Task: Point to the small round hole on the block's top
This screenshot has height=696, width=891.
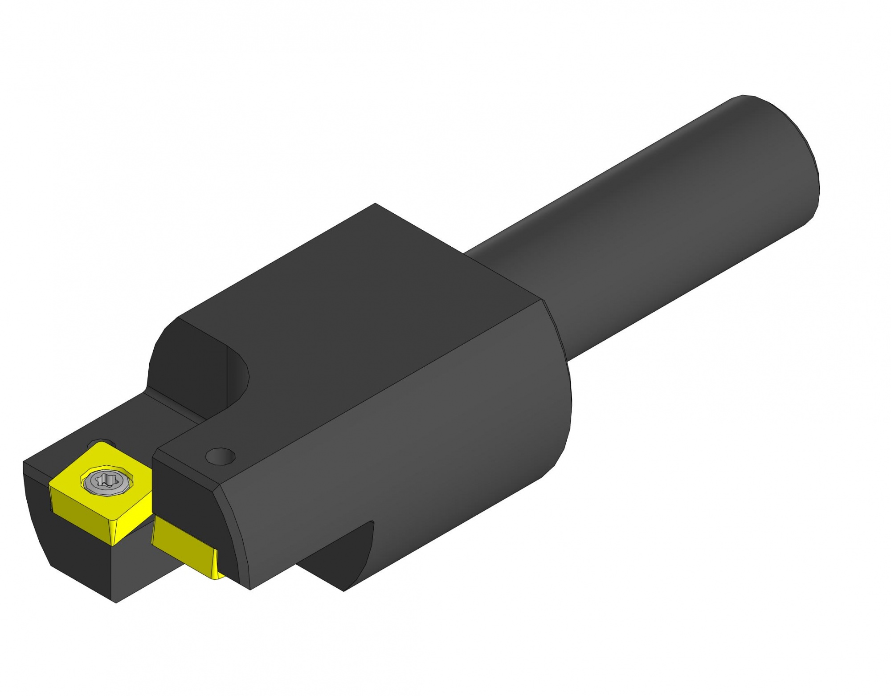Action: (220, 456)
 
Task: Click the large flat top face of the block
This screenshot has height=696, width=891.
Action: (356, 312)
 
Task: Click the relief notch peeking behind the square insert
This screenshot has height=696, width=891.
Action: (100, 443)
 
